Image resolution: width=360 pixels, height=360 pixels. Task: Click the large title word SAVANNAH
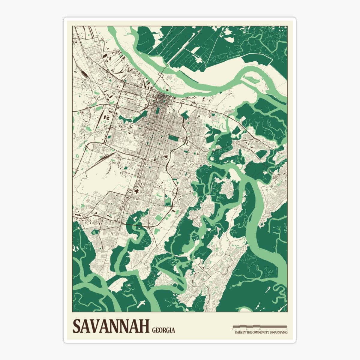click(x=111, y=326)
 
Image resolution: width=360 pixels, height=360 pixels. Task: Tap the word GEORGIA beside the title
click(x=163, y=330)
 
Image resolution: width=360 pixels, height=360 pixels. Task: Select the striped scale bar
click(x=260, y=326)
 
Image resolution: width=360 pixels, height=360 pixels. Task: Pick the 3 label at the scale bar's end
click(x=287, y=329)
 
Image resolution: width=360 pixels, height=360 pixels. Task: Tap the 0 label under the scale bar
click(x=233, y=329)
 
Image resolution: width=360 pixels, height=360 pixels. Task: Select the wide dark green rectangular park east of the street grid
click(x=173, y=138)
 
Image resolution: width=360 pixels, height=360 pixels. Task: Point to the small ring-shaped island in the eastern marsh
click(x=212, y=157)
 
